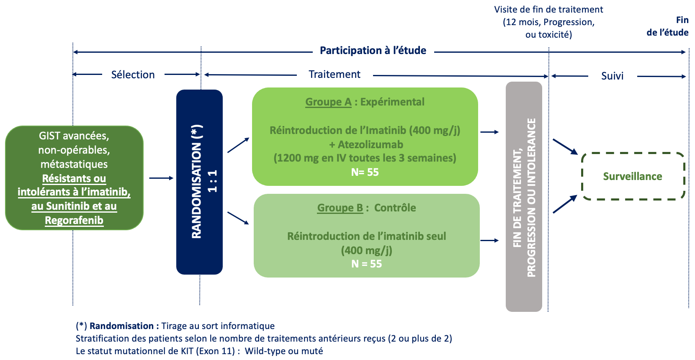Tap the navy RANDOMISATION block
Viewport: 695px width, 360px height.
[x=199, y=182]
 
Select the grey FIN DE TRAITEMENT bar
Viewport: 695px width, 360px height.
[x=524, y=196]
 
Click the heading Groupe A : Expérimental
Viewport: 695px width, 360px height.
[x=365, y=102]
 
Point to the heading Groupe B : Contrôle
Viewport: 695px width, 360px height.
[x=366, y=208]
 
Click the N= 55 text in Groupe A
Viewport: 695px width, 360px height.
[x=365, y=172]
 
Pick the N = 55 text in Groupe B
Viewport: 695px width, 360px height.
[x=366, y=264]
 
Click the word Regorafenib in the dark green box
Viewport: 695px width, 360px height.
[x=74, y=220]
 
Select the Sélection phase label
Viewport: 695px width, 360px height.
[x=133, y=75]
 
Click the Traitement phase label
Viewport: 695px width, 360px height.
[x=335, y=75]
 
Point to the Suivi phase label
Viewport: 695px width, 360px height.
[x=612, y=76]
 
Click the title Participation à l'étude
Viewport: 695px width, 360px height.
[x=373, y=50]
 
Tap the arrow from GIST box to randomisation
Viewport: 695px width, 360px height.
[x=161, y=178]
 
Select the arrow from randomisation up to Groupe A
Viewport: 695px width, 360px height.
[x=238, y=145]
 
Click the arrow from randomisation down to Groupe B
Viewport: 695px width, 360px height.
[x=238, y=218]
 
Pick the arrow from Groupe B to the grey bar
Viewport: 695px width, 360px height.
[x=489, y=241]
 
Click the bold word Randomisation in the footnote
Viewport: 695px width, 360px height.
[x=121, y=326]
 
